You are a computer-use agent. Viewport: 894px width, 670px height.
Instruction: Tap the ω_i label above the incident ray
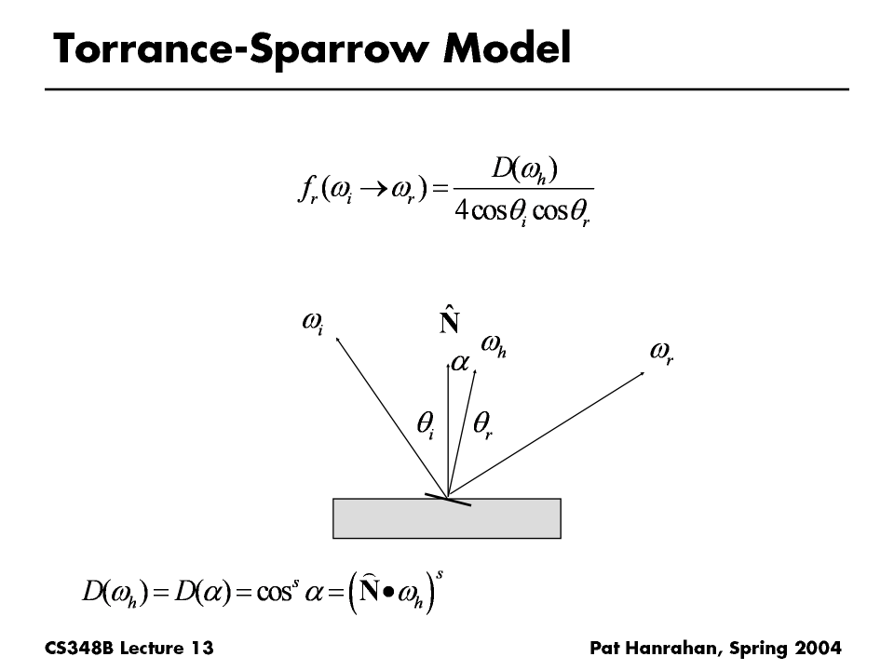coord(313,323)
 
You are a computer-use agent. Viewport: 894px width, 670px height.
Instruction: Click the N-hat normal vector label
coord(449,320)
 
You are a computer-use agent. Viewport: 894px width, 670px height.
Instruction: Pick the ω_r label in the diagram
coord(661,353)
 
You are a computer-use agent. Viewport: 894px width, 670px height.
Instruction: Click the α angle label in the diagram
coord(460,363)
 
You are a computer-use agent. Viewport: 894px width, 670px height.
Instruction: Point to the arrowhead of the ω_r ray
coord(643,373)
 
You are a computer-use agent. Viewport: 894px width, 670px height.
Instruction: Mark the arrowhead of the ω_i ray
coord(338,340)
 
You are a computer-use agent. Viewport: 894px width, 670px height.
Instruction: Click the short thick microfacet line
coord(448,498)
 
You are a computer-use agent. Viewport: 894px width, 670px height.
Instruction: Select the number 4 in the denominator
coord(460,210)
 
